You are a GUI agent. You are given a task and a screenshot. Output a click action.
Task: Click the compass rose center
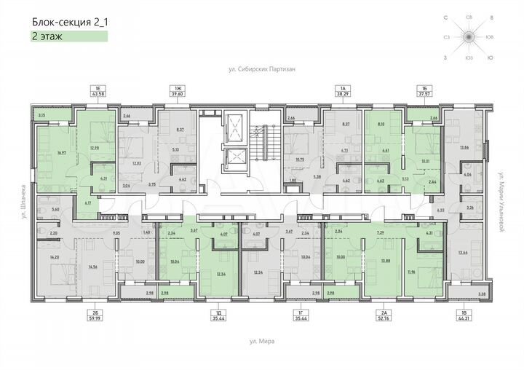[469, 36]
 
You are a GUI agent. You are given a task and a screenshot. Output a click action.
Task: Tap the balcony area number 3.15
[41, 115]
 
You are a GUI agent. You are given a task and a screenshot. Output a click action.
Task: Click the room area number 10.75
[300, 158]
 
